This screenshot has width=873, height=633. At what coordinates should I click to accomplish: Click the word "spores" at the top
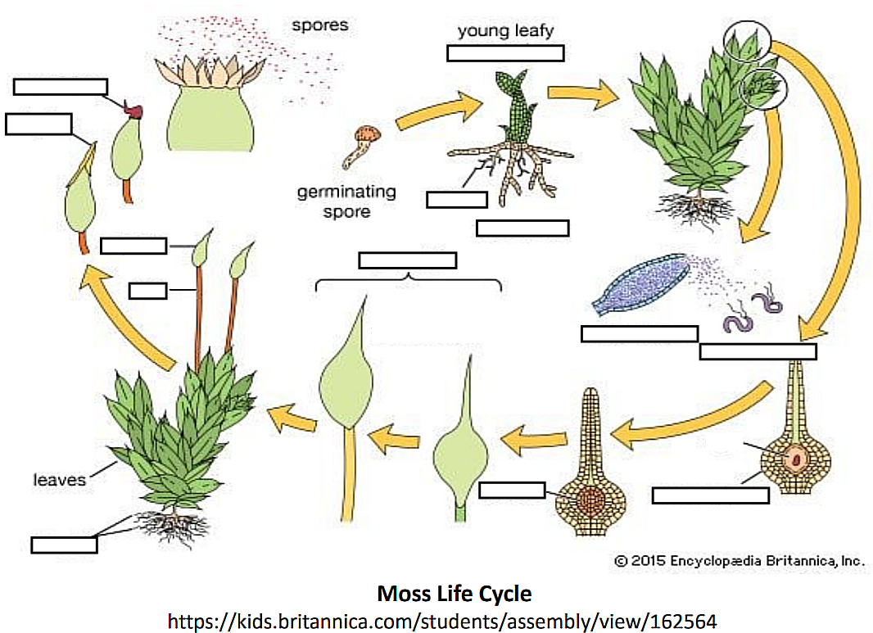tap(319, 25)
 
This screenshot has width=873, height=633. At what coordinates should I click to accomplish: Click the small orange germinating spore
tap(369, 134)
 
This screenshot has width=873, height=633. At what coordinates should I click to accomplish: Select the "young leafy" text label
tap(505, 31)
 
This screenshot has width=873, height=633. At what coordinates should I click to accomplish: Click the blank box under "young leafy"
tap(505, 52)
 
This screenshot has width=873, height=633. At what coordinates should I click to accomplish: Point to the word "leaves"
tap(59, 479)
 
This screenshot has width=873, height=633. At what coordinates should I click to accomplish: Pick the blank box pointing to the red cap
tap(61, 87)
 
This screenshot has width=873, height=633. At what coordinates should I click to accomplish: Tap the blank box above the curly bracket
tap(407, 260)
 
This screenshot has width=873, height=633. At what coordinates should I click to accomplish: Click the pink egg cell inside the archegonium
tap(794, 459)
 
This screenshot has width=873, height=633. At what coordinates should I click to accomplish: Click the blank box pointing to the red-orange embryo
tap(512, 490)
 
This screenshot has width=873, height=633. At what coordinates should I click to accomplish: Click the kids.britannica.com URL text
tap(442, 621)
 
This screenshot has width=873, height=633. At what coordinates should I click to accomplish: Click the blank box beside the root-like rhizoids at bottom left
tap(64, 544)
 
